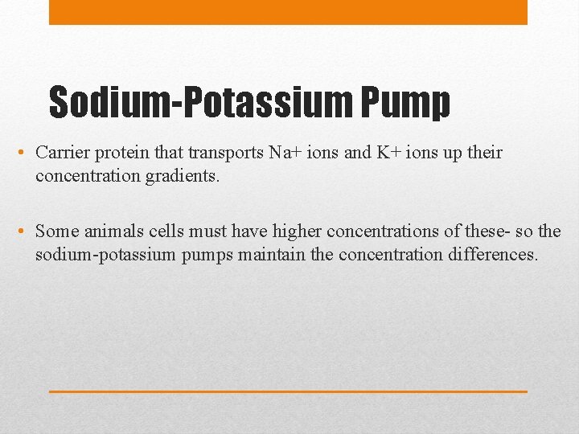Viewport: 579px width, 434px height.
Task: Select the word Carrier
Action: [61, 153]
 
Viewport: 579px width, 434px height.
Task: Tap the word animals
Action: [111, 231]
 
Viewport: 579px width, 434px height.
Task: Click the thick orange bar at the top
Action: [288, 12]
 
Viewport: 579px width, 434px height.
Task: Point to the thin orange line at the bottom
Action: [288, 391]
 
